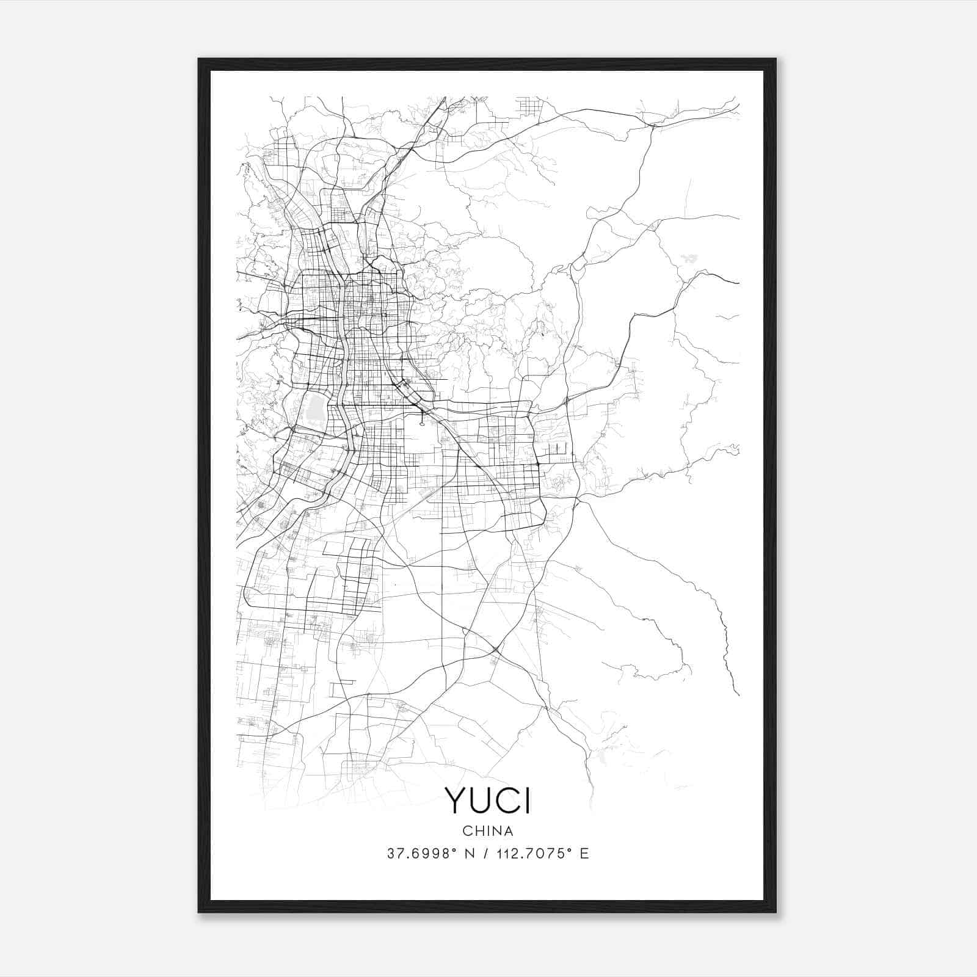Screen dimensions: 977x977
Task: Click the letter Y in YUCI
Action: coord(457,800)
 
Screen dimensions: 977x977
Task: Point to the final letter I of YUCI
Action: coord(528,800)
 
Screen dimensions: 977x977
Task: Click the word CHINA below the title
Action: coord(487,831)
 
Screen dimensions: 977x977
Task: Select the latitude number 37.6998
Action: coord(418,854)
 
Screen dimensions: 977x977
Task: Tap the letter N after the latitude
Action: coord(470,854)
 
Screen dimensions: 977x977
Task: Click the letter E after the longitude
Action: coord(584,854)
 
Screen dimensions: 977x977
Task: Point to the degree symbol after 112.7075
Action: coord(568,849)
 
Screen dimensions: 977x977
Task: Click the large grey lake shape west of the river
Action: coord(316,408)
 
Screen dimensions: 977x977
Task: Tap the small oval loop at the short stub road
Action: coord(422,419)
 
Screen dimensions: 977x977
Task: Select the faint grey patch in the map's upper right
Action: coord(690,258)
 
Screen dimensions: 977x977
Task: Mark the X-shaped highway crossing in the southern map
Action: coord(496,648)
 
